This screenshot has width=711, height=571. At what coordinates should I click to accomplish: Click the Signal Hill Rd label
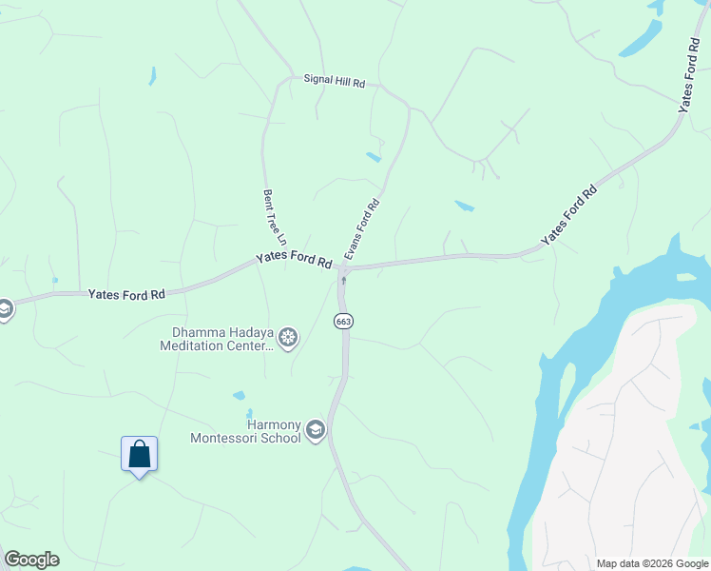coord(334,82)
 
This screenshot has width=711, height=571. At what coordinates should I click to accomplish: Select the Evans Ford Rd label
coord(362,229)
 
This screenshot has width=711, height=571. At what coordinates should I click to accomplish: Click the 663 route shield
coord(343,322)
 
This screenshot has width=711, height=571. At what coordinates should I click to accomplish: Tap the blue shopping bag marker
coord(139,453)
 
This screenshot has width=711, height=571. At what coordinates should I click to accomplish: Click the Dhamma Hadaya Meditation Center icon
coord(288,337)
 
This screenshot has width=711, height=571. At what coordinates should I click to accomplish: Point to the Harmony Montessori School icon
coord(315,432)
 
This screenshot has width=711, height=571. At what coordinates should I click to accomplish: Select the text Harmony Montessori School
coord(245,431)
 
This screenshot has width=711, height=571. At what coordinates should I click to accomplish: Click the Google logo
coord(31,560)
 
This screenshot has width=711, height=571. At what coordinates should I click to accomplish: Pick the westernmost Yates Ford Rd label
coord(126,295)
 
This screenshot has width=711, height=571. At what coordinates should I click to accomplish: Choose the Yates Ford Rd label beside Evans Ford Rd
coord(293,260)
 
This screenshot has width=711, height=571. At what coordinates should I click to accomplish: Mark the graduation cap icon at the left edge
coord(4,309)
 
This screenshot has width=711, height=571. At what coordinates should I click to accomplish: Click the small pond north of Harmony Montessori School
coord(239,395)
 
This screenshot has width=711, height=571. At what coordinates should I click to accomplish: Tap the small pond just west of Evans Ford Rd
coord(374,157)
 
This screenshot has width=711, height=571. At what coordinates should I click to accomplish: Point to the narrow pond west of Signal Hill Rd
coord(152,76)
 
